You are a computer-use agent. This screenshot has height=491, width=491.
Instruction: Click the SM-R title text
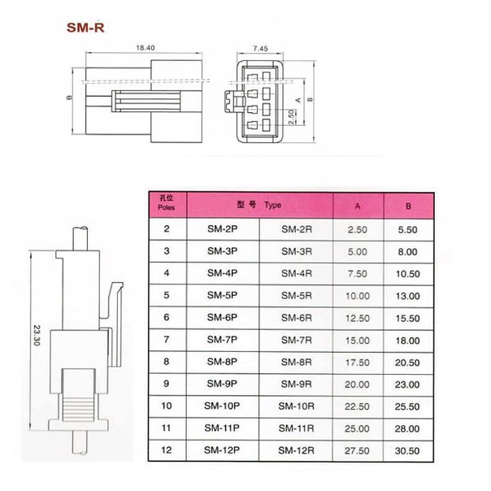[x=85, y=28]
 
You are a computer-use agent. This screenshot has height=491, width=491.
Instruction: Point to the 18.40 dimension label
[x=146, y=48]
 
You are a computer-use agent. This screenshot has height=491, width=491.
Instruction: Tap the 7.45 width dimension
[x=260, y=49]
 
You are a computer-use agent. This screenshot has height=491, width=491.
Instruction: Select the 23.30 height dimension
[x=37, y=336]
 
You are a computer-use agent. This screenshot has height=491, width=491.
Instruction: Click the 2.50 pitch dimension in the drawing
[x=292, y=117]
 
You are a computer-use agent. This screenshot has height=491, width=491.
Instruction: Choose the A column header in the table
[x=358, y=206]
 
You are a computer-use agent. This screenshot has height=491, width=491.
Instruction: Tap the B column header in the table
[x=408, y=206]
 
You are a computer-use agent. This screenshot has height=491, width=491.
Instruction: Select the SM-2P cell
[x=222, y=229]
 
